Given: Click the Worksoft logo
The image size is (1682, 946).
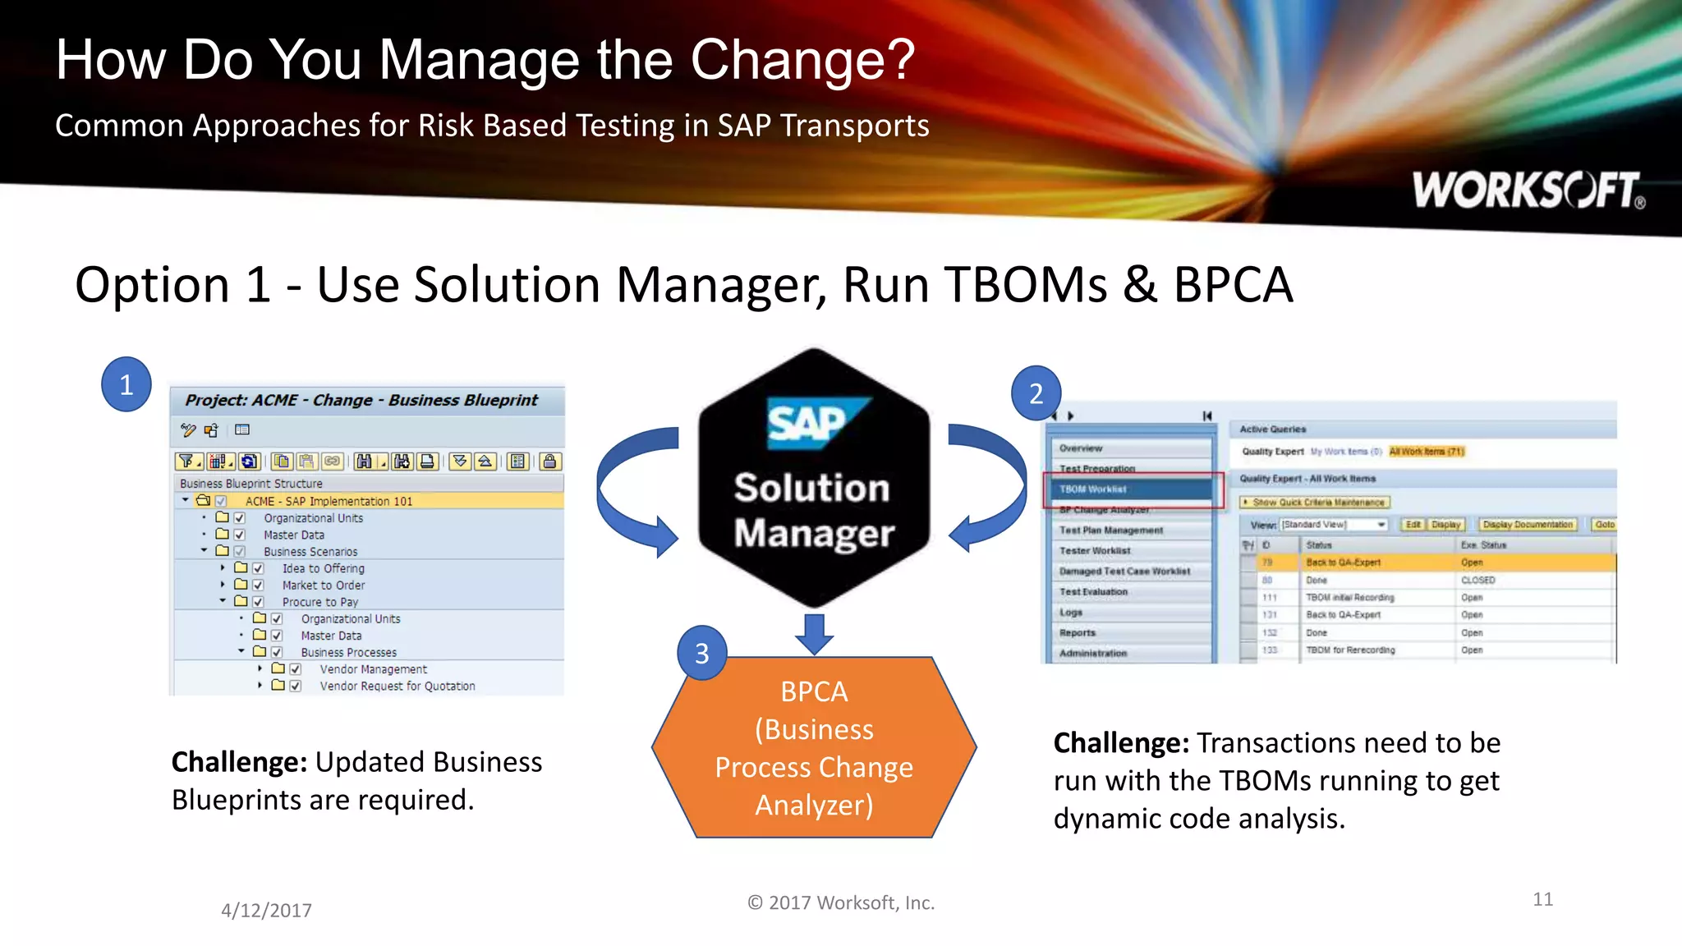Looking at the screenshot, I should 1528,190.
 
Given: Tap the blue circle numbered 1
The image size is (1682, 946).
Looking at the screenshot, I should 126,384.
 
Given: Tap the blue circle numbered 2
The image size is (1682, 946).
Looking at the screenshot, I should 1036,393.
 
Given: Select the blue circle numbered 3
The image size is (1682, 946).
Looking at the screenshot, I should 701,653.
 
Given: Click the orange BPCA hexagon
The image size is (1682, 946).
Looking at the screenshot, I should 814,747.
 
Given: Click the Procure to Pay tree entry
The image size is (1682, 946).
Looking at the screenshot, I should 320,602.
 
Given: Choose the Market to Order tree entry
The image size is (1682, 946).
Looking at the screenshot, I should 324,586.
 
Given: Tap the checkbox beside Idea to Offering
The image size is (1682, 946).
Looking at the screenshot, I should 258,568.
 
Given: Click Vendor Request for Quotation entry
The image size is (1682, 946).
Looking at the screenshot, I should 398,686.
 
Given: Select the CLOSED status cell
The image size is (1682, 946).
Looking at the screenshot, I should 1477,580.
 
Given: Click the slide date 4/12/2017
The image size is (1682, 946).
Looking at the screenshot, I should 266,910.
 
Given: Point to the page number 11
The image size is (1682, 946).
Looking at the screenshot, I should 1542,899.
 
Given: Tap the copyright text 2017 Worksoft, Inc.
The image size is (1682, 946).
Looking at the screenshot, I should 841,902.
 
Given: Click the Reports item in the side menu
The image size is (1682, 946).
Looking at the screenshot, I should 1078,633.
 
